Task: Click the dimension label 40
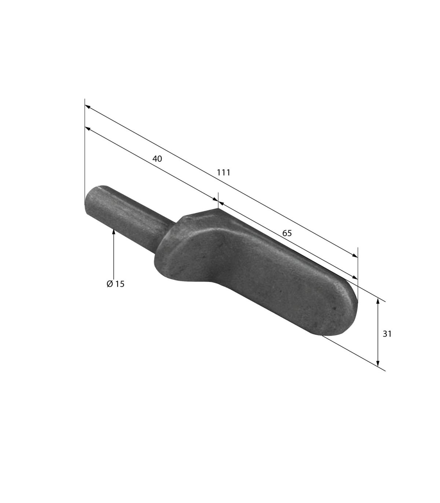(157, 159)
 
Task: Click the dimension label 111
(223, 173)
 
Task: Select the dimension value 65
(287, 233)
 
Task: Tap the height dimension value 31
(387, 334)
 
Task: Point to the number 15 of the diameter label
(120, 284)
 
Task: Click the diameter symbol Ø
(110, 284)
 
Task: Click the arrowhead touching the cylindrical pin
(114, 231)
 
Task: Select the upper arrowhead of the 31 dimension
(378, 301)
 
